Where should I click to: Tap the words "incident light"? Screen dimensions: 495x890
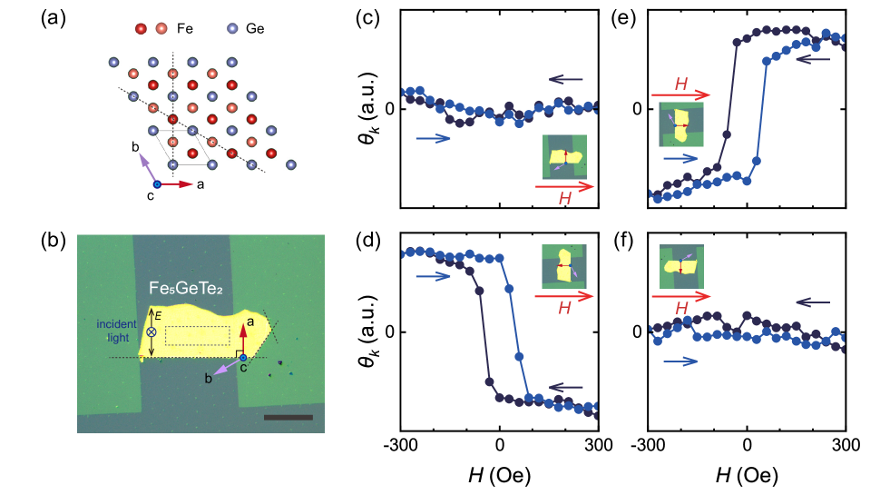click(117, 331)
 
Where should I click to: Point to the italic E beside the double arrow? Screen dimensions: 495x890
click(158, 315)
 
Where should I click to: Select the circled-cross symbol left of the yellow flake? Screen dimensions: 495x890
click(152, 332)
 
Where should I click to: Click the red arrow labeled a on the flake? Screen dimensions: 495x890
click(243, 338)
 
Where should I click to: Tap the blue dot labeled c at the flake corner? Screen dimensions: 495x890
click(243, 358)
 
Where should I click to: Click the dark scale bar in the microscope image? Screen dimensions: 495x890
click(289, 418)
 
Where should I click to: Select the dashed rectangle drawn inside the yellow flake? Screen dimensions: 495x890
click(197, 335)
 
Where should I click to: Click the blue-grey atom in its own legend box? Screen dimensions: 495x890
click(232, 29)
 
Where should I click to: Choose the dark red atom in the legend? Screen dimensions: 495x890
click(141, 29)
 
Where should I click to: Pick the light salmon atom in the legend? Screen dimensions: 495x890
click(161, 29)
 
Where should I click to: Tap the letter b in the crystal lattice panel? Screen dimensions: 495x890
click(135, 146)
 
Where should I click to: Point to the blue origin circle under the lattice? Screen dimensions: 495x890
click(156, 184)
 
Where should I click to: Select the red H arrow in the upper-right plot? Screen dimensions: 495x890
click(680, 94)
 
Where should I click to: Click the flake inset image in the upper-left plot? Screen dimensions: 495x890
click(564, 157)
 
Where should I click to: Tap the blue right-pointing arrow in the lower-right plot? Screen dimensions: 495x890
click(680, 361)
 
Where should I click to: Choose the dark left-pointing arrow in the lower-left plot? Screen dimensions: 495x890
click(565, 387)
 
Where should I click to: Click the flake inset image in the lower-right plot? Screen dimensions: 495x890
click(681, 266)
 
